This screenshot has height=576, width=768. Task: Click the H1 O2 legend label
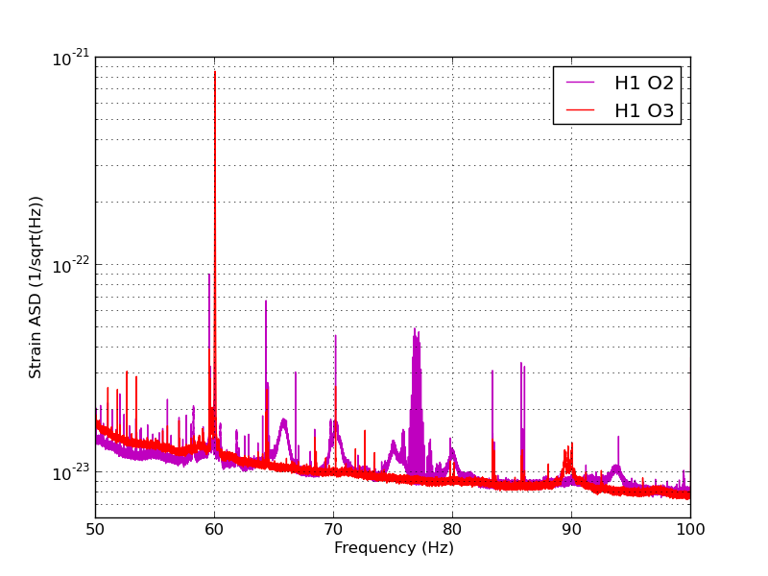click(644, 84)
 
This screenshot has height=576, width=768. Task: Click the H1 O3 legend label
click(644, 110)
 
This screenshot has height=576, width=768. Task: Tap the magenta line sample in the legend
click(580, 83)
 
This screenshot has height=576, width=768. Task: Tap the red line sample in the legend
click(580, 109)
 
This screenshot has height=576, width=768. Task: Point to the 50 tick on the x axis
click(95, 529)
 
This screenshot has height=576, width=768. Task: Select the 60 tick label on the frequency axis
click(214, 529)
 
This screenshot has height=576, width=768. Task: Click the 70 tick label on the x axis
click(333, 529)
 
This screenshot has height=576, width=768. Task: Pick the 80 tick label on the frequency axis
click(452, 529)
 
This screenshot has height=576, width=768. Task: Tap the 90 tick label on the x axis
click(571, 529)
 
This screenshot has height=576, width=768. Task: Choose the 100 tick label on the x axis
click(690, 529)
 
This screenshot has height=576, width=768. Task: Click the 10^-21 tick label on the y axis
click(71, 58)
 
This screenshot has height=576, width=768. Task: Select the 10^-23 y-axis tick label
click(71, 472)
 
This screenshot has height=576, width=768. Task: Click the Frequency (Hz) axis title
click(394, 547)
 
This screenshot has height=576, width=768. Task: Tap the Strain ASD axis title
click(35, 287)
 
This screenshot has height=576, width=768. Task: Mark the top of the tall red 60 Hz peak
click(215, 72)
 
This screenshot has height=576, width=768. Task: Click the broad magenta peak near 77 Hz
click(416, 401)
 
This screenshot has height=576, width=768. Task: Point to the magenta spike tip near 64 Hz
click(266, 300)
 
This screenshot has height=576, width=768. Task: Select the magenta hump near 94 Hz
click(615, 471)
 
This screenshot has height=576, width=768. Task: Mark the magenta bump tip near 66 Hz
click(283, 420)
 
